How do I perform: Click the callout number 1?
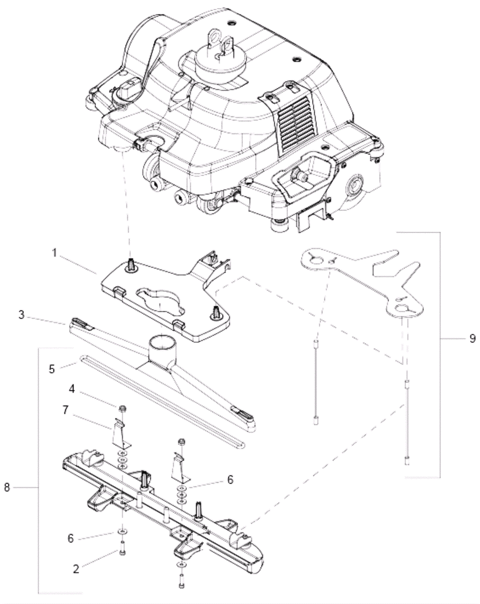[55, 253]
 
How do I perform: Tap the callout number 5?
[52, 369]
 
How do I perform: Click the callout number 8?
[7, 487]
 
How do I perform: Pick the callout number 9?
[472, 338]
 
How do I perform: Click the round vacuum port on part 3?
[161, 343]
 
